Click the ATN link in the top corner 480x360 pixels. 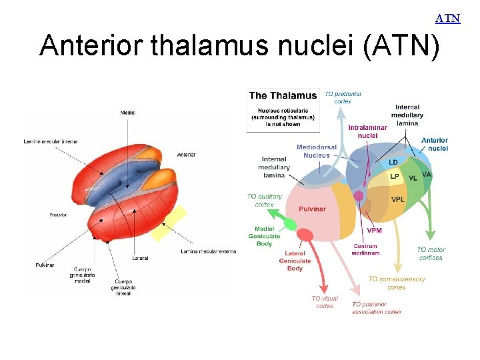(448, 18)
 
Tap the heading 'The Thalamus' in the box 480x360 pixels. (283, 96)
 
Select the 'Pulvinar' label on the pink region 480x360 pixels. (312, 209)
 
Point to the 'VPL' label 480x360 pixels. (398, 199)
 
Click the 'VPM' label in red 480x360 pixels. (375, 231)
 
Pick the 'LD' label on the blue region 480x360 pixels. (393, 162)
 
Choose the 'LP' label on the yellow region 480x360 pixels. (395, 177)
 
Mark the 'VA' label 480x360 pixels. (427, 175)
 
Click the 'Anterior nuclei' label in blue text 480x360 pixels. (435, 144)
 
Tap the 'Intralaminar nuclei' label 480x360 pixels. (367, 131)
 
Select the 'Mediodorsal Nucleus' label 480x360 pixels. (317, 151)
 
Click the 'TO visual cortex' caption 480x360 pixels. (325, 302)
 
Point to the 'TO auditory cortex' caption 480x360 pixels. (265, 201)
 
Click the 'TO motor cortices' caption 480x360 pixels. (431, 254)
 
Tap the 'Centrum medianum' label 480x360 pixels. (366, 249)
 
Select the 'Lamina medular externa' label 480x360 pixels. (208, 251)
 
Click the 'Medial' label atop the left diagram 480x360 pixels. (128, 113)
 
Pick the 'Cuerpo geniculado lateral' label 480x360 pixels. (123, 287)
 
